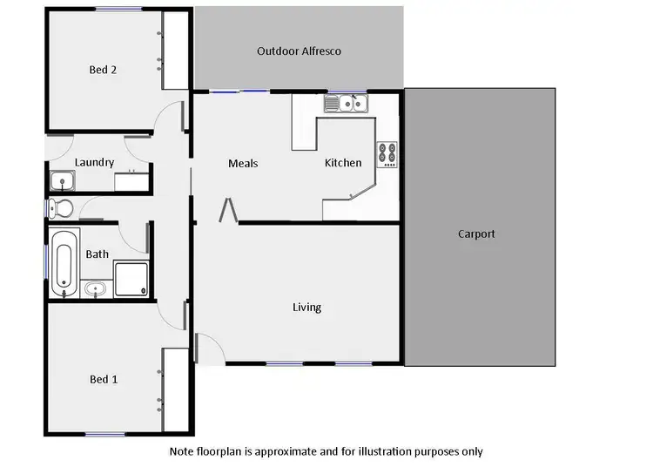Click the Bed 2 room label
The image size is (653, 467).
pos(103,70)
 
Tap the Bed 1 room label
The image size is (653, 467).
pos(104,379)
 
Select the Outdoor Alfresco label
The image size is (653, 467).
pos(299,51)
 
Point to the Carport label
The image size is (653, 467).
pos(476,233)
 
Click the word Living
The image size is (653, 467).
pos(306,307)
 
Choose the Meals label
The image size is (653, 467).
pos(243,163)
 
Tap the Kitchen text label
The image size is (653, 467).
pos(343,163)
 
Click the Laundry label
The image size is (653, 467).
pos(94,162)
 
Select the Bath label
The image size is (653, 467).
pos(98,254)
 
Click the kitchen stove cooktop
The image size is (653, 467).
pos(387,154)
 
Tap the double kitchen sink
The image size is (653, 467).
pos(347,105)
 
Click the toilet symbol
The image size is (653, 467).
pos(60,207)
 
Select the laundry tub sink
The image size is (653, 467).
pos(62,181)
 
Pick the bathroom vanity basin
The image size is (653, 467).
pos(95,288)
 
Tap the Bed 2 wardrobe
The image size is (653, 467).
pos(175,50)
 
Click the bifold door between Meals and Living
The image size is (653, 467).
pos(228,210)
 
